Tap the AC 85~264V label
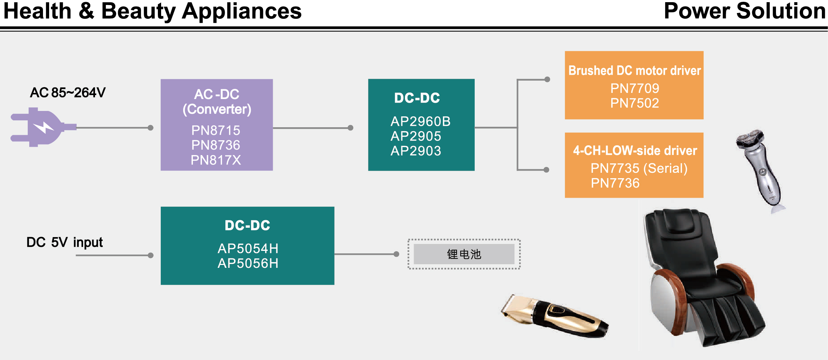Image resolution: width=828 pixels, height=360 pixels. pyautogui.click(x=68, y=93)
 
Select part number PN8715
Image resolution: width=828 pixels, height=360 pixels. pyautogui.click(x=216, y=130)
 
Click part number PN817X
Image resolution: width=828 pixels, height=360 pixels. pyautogui.click(x=216, y=160)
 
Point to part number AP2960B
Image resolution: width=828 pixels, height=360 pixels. pyautogui.click(x=421, y=121)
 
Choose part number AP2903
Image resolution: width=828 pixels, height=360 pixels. pyautogui.click(x=416, y=151)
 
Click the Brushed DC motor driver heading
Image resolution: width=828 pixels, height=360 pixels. pyautogui.click(x=634, y=70)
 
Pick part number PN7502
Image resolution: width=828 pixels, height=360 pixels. pyautogui.click(x=634, y=103)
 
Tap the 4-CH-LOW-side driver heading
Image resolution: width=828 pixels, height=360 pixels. pyautogui.click(x=635, y=150)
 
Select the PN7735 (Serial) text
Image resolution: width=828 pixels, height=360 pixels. pyautogui.click(x=639, y=168)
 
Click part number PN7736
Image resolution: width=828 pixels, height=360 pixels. pyautogui.click(x=615, y=183)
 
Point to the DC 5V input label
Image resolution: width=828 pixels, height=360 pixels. pyautogui.click(x=65, y=242)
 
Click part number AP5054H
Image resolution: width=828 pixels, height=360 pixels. pyautogui.click(x=248, y=249)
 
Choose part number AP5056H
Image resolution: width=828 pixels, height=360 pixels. pyautogui.click(x=248, y=263)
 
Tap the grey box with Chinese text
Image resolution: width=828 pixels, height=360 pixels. pyautogui.click(x=464, y=254)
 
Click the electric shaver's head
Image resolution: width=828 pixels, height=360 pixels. pyautogui.click(x=750, y=139)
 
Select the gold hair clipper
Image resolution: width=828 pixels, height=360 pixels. pyautogui.click(x=555, y=316)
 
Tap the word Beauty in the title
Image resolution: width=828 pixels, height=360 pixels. pyautogui.click(x=138, y=12)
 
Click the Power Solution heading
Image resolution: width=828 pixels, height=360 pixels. pyautogui.click(x=745, y=11)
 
